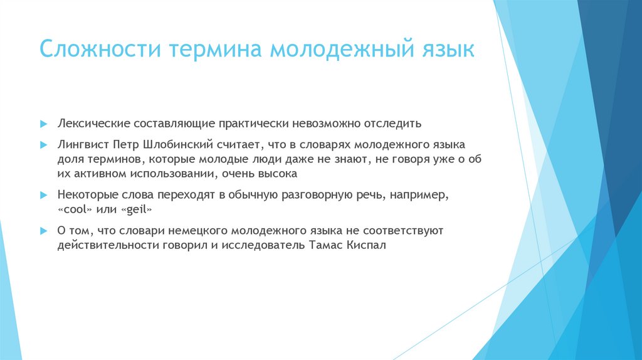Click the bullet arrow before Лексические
pyautogui.click(x=44, y=122)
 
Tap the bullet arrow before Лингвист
pyautogui.click(x=44, y=145)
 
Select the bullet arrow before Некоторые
pyautogui.click(x=44, y=196)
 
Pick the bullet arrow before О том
pyautogui.click(x=44, y=231)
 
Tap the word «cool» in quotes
pyautogui.click(x=74, y=209)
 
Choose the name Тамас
pyautogui.click(x=326, y=245)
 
